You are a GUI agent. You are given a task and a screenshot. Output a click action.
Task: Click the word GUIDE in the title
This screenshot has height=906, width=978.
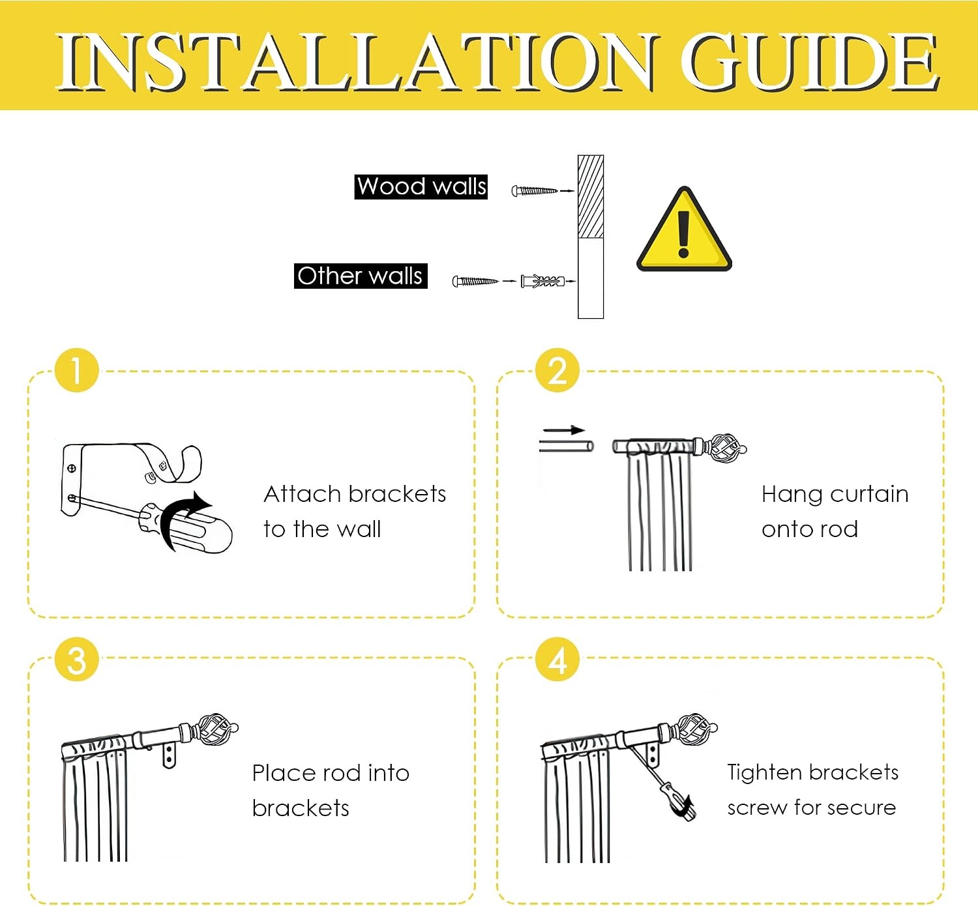[x=809, y=63]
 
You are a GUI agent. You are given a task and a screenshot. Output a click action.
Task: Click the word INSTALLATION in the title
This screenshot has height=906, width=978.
[x=356, y=63]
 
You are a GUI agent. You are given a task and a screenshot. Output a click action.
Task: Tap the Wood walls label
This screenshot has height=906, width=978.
[x=421, y=186]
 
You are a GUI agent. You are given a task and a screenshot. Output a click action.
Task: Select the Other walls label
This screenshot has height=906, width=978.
[x=361, y=276]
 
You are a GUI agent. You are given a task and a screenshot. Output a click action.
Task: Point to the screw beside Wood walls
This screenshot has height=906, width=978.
[x=535, y=190]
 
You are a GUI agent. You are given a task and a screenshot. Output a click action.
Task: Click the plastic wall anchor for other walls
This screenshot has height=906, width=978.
[x=542, y=281]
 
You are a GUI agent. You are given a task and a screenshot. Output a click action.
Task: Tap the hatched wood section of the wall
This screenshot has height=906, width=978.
[x=591, y=196]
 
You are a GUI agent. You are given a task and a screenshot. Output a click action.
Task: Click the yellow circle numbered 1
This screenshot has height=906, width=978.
[x=77, y=370]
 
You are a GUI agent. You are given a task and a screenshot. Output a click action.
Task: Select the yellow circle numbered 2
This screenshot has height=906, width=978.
[x=557, y=370]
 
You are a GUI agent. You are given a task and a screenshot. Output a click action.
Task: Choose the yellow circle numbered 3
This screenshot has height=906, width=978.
[x=77, y=660]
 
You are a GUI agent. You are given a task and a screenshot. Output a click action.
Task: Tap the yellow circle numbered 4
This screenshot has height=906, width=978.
[x=557, y=660]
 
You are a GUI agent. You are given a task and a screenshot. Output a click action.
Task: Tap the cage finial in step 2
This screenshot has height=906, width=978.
[x=726, y=448]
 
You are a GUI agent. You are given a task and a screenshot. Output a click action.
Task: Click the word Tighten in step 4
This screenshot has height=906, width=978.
[x=764, y=772]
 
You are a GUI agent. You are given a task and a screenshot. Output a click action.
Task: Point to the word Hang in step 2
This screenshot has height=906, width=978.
[x=790, y=495]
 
